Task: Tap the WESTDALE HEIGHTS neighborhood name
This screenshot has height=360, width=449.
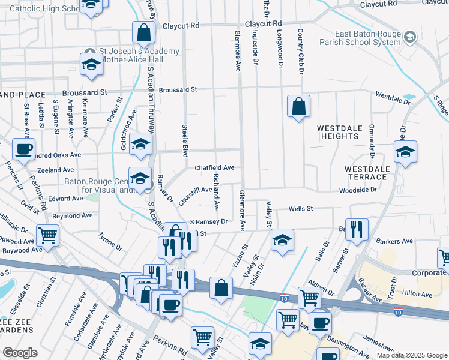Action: pos(338,132)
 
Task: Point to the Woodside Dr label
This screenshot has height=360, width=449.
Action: pos(357,190)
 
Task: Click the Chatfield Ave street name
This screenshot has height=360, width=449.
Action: pos(214,168)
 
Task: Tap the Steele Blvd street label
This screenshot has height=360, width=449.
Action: pos(185,140)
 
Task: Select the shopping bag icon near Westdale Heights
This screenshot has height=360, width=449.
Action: pos(298,107)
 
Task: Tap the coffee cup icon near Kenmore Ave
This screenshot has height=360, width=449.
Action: pos(23,149)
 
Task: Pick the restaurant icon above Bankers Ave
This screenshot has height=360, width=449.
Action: pos(357,229)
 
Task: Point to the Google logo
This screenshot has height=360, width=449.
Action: pos(20,353)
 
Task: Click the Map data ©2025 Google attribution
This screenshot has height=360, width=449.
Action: pos(411,355)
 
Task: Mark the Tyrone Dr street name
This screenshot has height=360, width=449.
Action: pos(110,241)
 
